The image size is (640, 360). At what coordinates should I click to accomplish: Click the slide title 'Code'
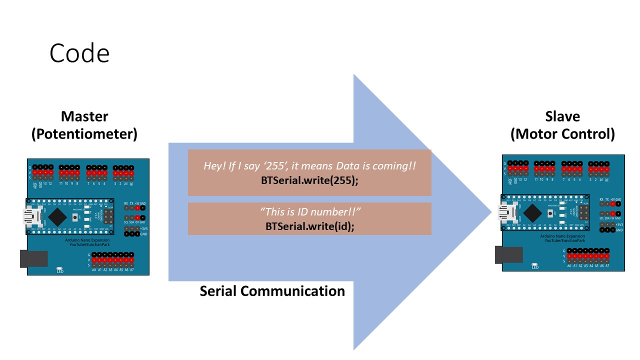79,53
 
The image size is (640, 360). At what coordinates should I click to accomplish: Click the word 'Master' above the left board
84,116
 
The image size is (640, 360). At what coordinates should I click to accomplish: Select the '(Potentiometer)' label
84,134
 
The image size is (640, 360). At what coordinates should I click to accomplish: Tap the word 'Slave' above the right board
562,116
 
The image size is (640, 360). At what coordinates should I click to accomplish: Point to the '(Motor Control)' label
562,134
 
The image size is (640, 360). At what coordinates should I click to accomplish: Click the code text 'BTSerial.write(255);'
309,180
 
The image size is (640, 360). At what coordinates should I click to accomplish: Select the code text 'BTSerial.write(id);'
309,225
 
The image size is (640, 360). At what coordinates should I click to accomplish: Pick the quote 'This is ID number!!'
310,212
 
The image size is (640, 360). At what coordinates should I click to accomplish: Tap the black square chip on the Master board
58,216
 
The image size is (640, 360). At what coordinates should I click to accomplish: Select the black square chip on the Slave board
533,212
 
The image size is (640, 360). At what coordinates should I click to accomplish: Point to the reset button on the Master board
75,217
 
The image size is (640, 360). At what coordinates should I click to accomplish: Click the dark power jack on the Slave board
508,254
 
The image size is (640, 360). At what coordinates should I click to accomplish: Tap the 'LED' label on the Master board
60,271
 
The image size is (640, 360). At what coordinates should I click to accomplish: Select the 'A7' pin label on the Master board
132,270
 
